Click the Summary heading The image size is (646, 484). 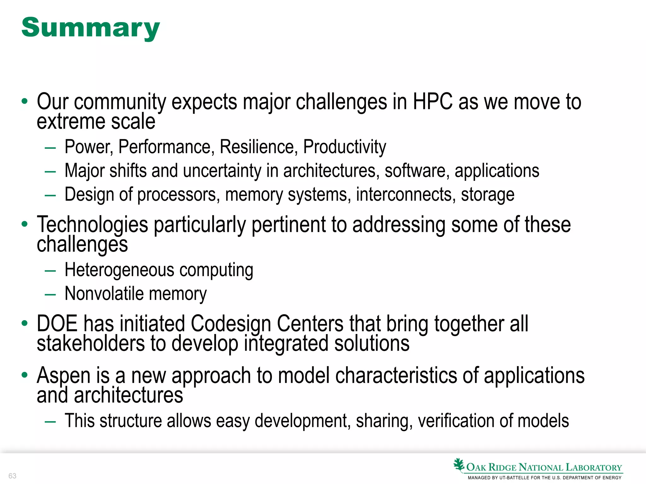[91, 28]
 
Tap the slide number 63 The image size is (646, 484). [12, 476]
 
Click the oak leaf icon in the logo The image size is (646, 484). [459, 465]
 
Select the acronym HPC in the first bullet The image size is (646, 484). [433, 102]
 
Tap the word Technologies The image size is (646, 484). [92, 225]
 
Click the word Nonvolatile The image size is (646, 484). [104, 294]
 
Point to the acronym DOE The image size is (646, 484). [57, 324]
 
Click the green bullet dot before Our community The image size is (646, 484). [24, 101]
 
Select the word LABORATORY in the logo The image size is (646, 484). [594, 467]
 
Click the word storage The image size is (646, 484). [488, 195]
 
